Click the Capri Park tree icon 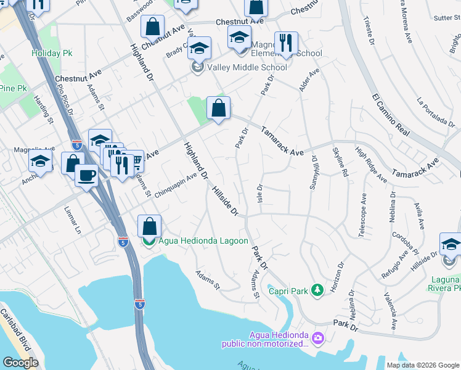point(317,289)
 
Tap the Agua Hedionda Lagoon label point(203,241)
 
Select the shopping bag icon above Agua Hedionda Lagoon point(149,226)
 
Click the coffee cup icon point(86,175)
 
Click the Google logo point(20,363)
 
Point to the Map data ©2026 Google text point(422,365)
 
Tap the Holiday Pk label point(52,53)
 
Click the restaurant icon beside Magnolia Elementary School point(286,43)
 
